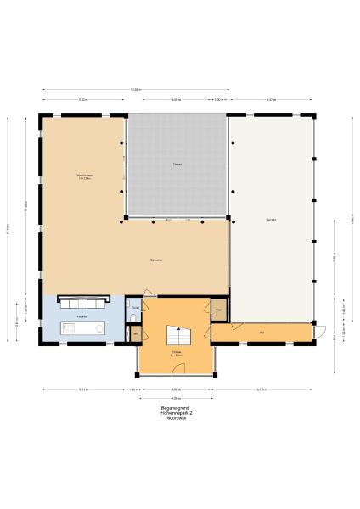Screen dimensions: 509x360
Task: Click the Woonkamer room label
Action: [x=84, y=176]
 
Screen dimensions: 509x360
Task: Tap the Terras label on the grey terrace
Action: [x=177, y=163]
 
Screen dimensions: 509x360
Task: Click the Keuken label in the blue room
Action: [x=82, y=316]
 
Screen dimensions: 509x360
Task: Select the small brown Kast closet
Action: [x=219, y=310]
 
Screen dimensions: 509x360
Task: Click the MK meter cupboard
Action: [x=136, y=335]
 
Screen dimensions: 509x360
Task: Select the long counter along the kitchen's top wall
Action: [x=82, y=300]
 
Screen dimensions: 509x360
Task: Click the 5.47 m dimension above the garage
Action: [x=271, y=100]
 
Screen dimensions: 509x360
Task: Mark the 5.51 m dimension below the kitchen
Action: [x=83, y=389]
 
